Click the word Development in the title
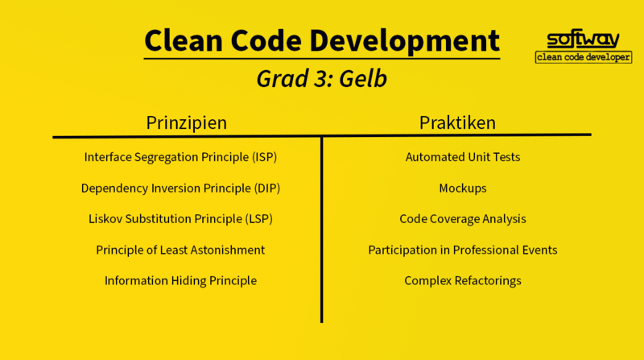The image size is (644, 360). click(404, 41)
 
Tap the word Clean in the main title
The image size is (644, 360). click(184, 40)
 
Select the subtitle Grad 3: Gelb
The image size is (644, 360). click(321, 78)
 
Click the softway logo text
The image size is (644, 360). click(583, 39)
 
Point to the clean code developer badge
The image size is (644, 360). click(583, 57)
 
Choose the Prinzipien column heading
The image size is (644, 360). click(187, 122)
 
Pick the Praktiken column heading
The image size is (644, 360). click(457, 122)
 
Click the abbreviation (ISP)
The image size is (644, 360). click(265, 157)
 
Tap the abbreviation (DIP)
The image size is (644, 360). click(267, 188)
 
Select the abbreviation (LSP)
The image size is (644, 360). click(258, 219)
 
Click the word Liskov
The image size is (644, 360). click(105, 218)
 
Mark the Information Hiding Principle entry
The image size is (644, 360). click(180, 281)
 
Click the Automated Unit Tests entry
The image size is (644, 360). click(463, 157)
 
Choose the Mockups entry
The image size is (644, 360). click(463, 188)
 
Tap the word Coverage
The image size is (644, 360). click(455, 219)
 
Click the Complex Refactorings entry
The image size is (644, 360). click(463, 281)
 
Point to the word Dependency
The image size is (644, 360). click(114, 188)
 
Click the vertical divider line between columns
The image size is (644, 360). click(321, 230)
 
